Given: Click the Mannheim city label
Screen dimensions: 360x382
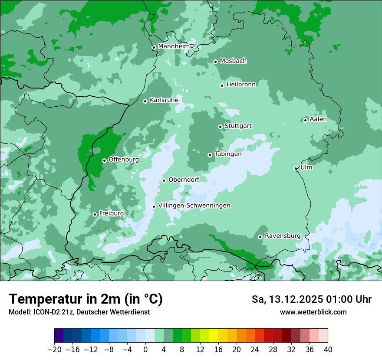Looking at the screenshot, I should pyautogui.click(x=174, y=46).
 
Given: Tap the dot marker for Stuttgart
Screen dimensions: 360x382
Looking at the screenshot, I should pyautogui.click(x=220, y=127).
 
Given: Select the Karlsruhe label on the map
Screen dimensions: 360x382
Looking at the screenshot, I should pyautogui.click(x=164, y=100).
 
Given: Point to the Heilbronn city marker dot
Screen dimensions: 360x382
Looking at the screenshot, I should pyautogui.click(x=222, y=85).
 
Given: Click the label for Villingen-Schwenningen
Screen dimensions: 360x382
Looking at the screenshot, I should pyautogui.click(x=194, y=206).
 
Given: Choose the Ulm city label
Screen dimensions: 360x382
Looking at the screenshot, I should pyautogui.click(x=306, y=167).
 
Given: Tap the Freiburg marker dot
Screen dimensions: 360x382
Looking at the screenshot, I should pyautogui.click(x=95, y=214).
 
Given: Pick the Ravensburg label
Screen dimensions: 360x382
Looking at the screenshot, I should pyautogui.click(x=282, y=236).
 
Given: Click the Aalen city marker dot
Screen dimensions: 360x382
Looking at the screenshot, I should pyautogui.click(x=305, y=120).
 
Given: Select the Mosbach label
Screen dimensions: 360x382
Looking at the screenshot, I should pyautogui.click(x=233, y=61).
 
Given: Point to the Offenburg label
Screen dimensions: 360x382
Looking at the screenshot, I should pyautogui.click(x=123, y=160).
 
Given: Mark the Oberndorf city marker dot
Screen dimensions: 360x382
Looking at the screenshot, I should pyautogui.click(x=164, y=180).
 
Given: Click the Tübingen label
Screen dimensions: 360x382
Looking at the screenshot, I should pyautogui.click(x=228, y=154).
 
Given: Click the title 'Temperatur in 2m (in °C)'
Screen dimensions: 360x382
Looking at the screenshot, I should pyautogui.click(x=86, y=299).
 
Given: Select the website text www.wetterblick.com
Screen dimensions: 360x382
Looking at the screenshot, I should pyautogui.click(x=313, y=312).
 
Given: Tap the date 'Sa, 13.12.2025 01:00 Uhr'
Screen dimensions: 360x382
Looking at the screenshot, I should pyautogui.click(x=311, y=300).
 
